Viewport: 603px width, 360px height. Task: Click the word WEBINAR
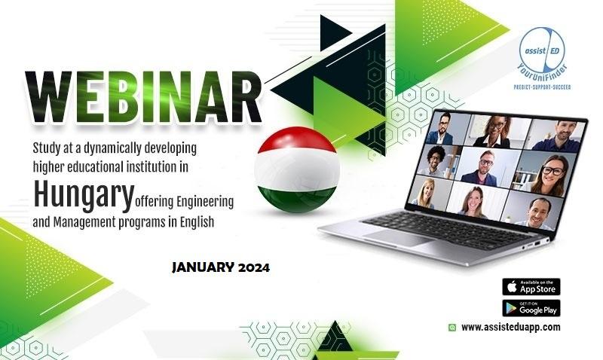coord(144,97)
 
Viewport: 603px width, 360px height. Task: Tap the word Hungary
coord(84,194)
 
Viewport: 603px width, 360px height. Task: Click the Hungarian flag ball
coord(297,169)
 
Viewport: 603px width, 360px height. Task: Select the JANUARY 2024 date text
coord(221,267)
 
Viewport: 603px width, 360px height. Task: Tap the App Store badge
coord(531,287)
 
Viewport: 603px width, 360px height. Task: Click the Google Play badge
coord(531,308)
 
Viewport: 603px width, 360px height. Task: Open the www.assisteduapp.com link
coord(511,328)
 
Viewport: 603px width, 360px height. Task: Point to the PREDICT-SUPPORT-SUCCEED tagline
coord(542,87)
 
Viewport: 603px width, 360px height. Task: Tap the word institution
coord(149,166)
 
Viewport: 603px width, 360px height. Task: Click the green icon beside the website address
coord(452,328)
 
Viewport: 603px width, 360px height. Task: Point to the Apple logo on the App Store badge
coord(512,286)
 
